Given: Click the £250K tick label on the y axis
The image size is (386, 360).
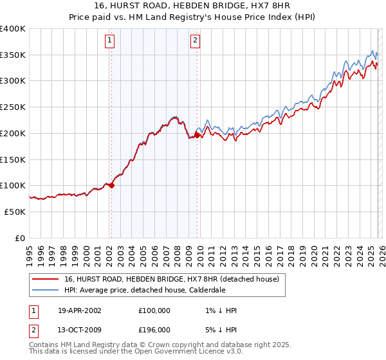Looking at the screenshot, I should click(13, 107).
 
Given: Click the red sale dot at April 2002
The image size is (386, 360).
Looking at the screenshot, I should click(111, 185).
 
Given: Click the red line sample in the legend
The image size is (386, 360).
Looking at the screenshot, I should click(46, 279).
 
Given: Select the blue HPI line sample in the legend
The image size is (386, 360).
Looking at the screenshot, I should click(46, 290).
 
